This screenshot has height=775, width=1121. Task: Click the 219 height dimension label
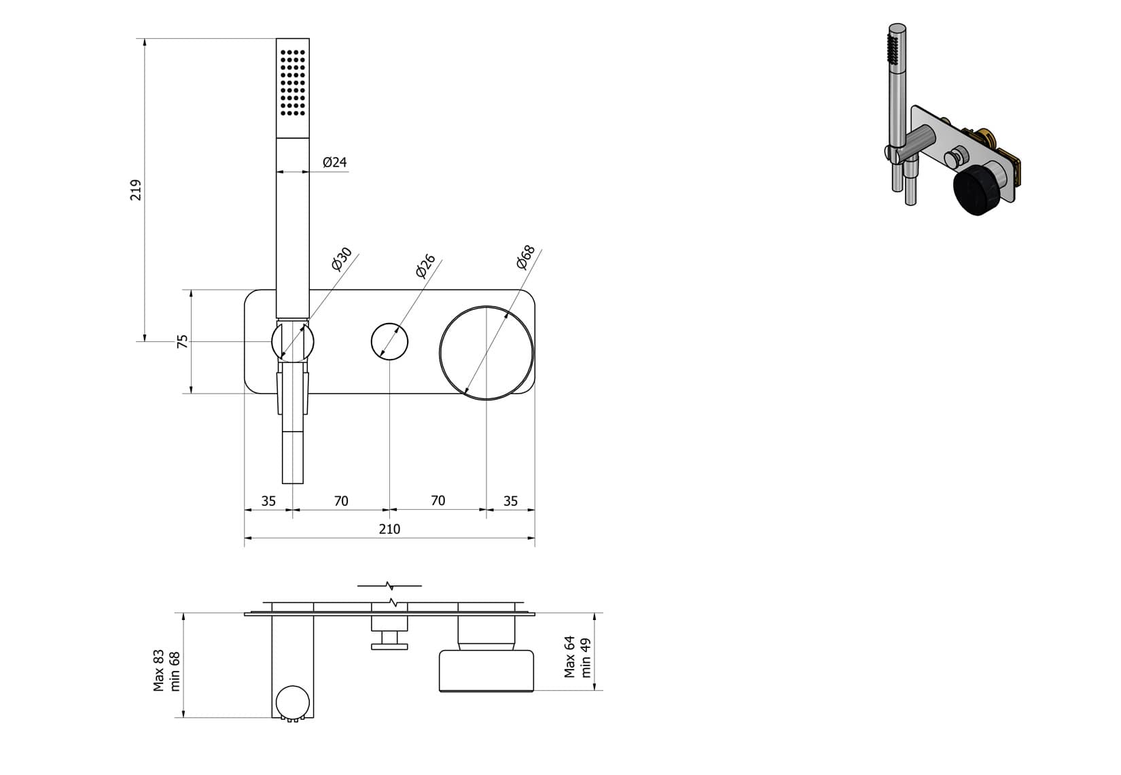[136, 190]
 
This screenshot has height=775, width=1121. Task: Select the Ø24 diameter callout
[335, 162]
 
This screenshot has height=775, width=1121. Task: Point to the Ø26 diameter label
[425, 266]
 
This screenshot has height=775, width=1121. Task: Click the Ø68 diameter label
[526, 257]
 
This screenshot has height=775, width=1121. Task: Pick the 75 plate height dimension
[182, 342]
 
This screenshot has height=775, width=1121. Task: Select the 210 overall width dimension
[389, 529]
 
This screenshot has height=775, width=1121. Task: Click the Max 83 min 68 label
[167, 670]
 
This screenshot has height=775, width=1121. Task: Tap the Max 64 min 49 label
[578, 657]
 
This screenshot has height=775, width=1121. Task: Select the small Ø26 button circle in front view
[389, 341]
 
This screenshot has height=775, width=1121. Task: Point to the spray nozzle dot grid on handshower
[293, 82]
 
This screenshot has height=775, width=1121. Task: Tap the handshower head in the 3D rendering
[895, 51]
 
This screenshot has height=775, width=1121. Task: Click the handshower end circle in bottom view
[293, 701]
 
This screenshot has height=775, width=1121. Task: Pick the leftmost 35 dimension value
[268, 501]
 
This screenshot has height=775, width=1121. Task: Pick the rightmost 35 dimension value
[510, 501]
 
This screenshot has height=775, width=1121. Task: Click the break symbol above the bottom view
[389, 585]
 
